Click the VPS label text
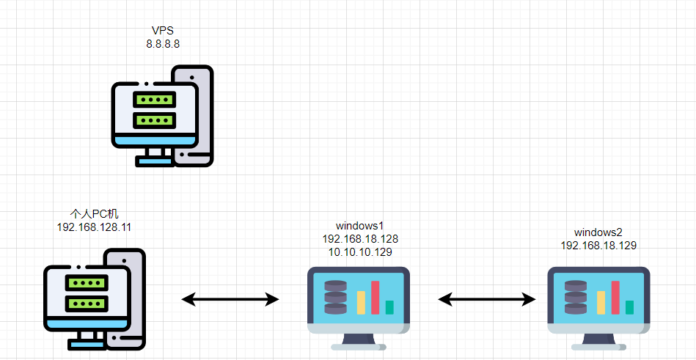tap(163, 31)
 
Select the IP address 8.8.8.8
tap(163, 44)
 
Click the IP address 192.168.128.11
tap(94, 227)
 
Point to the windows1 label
tap(359, 226)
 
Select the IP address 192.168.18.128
tap(359, 239)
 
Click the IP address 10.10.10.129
tap(359, 252)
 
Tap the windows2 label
tap(598, 232)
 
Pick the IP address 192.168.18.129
tap(598, 246)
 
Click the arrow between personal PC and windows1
tap(230, 298)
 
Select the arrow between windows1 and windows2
tap(487, 298)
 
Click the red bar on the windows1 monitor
tap(376, 297)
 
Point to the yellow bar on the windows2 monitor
tap(601, 303)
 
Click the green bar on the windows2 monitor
tap(629, 307)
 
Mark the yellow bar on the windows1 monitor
tap(361, 303)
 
